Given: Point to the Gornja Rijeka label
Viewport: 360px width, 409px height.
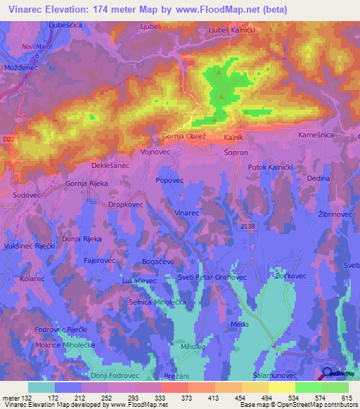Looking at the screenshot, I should [86, 183].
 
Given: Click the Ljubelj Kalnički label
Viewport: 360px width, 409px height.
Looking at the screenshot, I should [233, 30].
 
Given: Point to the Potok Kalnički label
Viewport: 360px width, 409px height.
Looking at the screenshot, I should [271, 167].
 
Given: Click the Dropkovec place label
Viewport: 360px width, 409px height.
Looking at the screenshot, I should [126, 204].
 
